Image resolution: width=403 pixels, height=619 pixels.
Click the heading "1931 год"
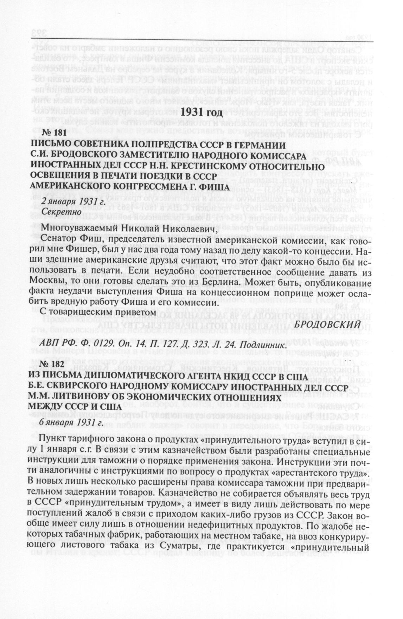(x=201, y=113)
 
